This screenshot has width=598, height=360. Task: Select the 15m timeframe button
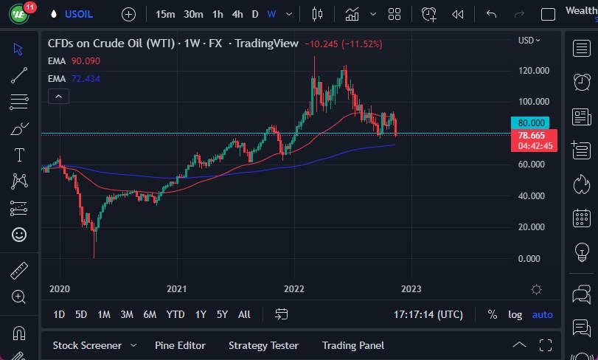[x=165, y=14]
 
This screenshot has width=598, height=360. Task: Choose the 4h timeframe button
[x=237, y=14]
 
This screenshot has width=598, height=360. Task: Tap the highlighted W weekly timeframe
[x=271, y=14]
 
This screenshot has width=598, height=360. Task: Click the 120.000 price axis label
[x=534, y=71]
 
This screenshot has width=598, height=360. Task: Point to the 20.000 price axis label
[x=534, y=227]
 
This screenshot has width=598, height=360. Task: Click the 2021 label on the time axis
[x=176, y=289]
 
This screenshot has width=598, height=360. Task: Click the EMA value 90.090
[x=86, y=61]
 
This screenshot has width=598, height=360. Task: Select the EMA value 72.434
[x=86, y=77]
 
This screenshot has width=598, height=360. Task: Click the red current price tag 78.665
[x=532, y=136]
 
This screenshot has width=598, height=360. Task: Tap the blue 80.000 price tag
[x=532, y=123]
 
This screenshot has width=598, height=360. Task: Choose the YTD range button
[x=175, y=314]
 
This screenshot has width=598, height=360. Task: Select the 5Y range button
[x=222, y=314]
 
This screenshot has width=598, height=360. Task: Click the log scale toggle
[x=515, y=314]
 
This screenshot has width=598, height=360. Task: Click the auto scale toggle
[x=542, y=314]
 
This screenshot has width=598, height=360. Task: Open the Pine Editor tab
[x=180, y=345]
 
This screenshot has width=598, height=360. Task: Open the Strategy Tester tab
[x=263, y=345]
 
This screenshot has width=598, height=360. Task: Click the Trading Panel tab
[x=353, y=345]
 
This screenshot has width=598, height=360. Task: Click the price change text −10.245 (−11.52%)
[x=343, y=44]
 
